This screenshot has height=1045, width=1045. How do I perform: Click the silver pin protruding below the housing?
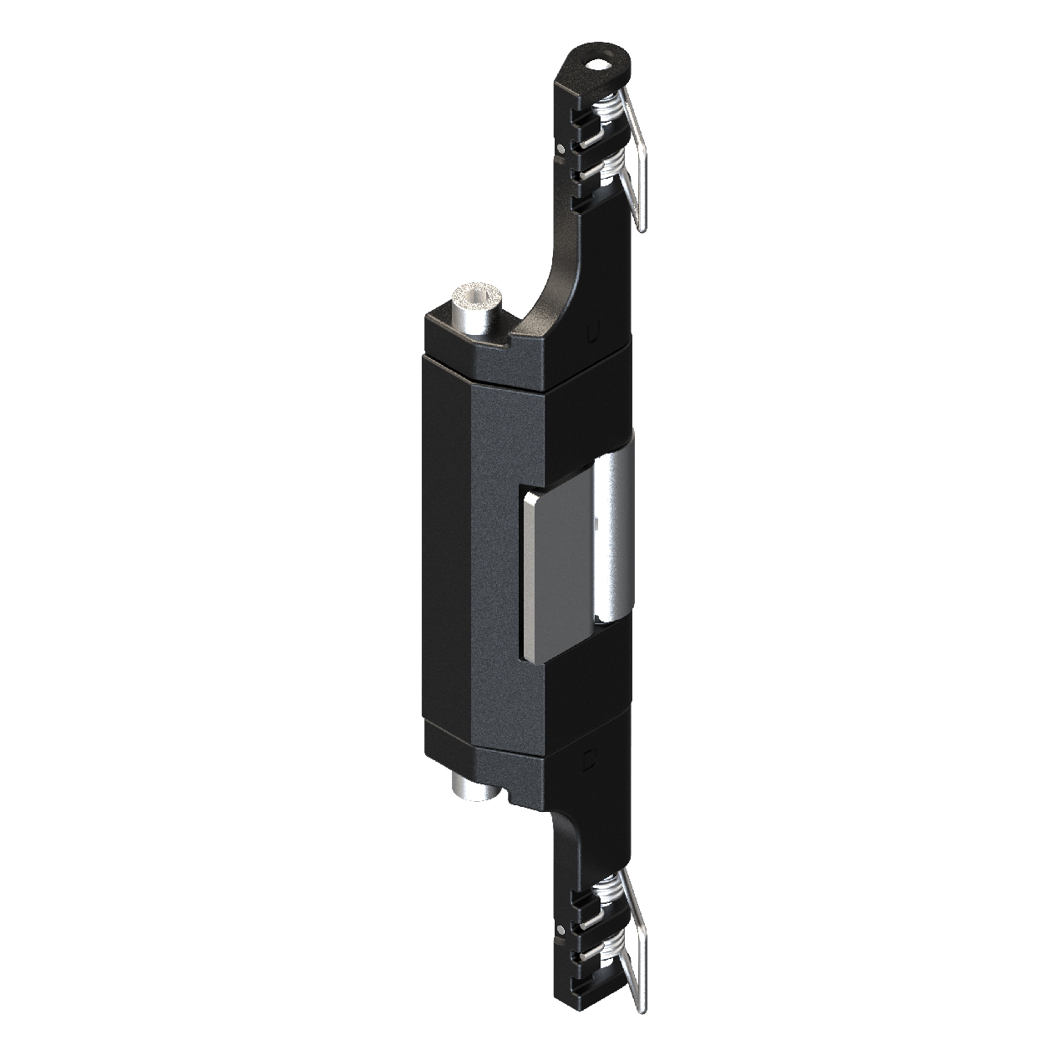pyautogui.click(x=470, y=786)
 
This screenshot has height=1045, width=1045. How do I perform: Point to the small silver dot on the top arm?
pyautogui.click(x=561, y=149)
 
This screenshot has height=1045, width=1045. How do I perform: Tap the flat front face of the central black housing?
pyautogui.click(x=493, y=551)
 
